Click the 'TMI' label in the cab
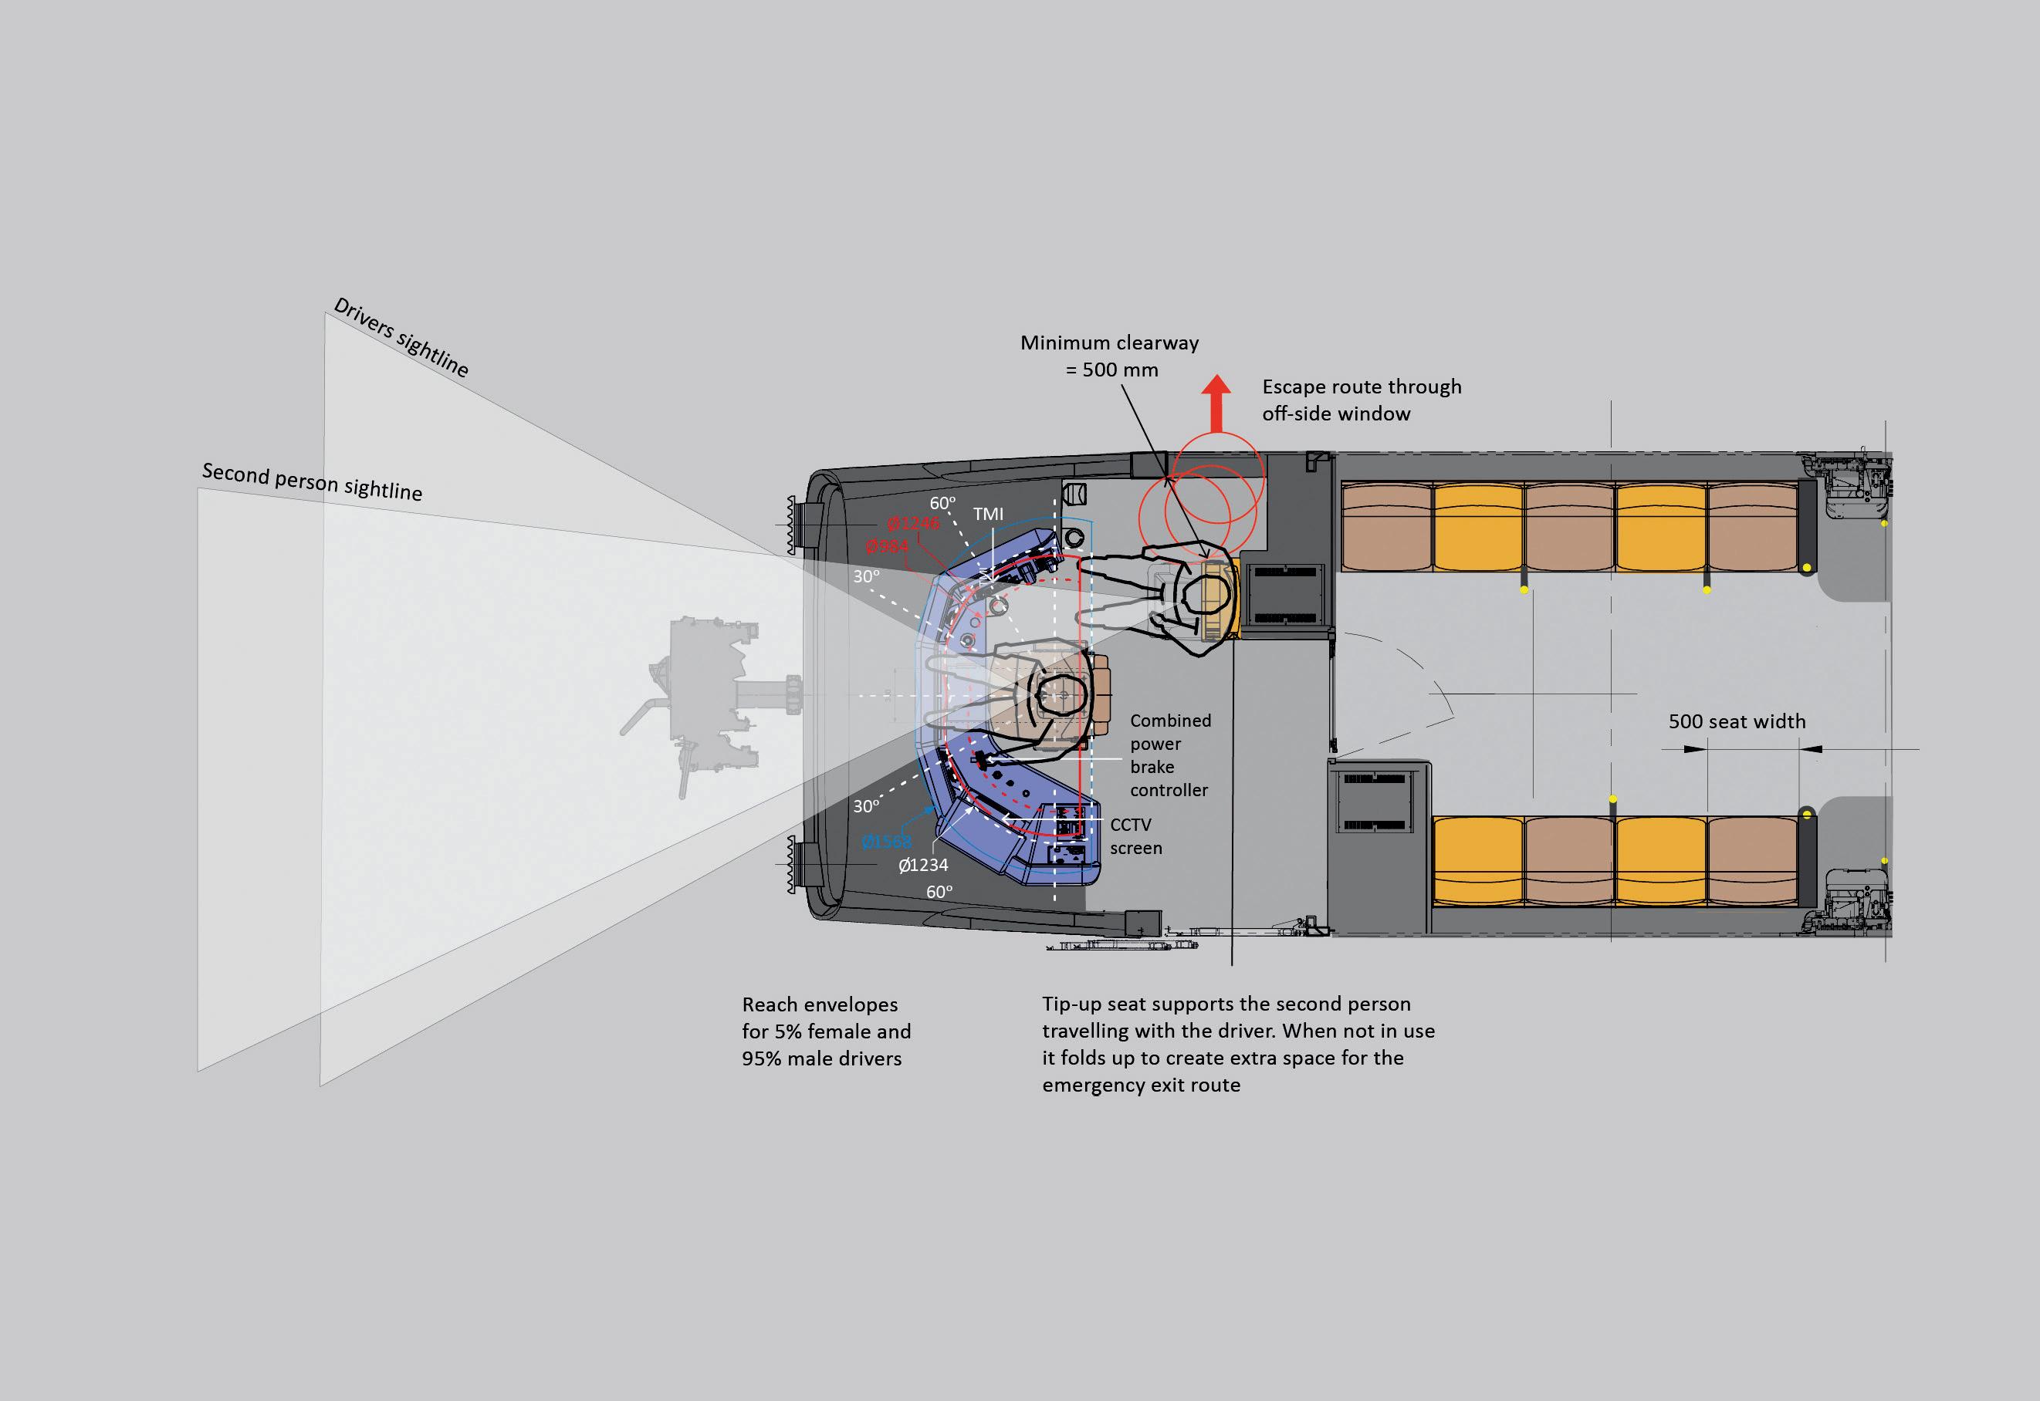[988, 514]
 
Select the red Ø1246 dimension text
[913, 524]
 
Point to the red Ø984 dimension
[887, 547]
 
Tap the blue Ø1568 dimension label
[886, 842]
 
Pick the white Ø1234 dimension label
[923, 865]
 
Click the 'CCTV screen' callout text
[1135, 836]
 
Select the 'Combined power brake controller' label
[1169, 755]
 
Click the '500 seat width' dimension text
[1736, 721]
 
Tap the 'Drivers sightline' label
[401, 337]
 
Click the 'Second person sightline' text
[312, 482]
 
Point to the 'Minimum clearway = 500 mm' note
[1110, 356]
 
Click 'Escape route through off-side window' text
[1362, 400]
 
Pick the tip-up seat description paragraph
[1238, 1044]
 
